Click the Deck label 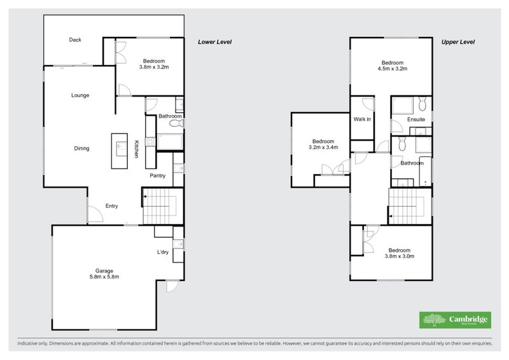[75, 39]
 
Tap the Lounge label [80, 95]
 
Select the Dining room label [81, 148]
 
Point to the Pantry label [157, 176]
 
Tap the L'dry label [163, 252]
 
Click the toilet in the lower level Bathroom [177, 123]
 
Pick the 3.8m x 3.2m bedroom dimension [154, 67]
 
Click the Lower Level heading [215, 42]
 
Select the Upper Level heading [458, 42]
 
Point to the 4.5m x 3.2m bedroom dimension [393, 69]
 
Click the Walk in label [362, 119]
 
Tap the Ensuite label [416, 120]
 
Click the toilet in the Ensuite [422, 104]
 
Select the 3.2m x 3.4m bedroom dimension [323, 147]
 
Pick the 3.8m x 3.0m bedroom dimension [400, 256]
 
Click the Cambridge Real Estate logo [455, 320]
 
